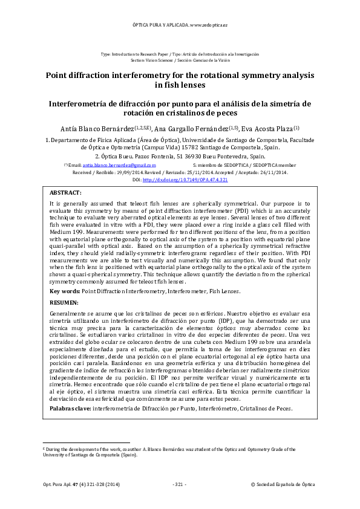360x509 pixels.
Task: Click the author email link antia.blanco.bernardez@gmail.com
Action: [x=119, y=165]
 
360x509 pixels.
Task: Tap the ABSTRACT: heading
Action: [x=65, y=192]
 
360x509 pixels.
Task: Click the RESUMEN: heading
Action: [x=63, y=302]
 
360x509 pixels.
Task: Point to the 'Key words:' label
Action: [x=64, y=291]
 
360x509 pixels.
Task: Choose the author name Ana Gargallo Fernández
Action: [x=193, y=129]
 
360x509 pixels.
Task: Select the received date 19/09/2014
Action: [x=129, y=172]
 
